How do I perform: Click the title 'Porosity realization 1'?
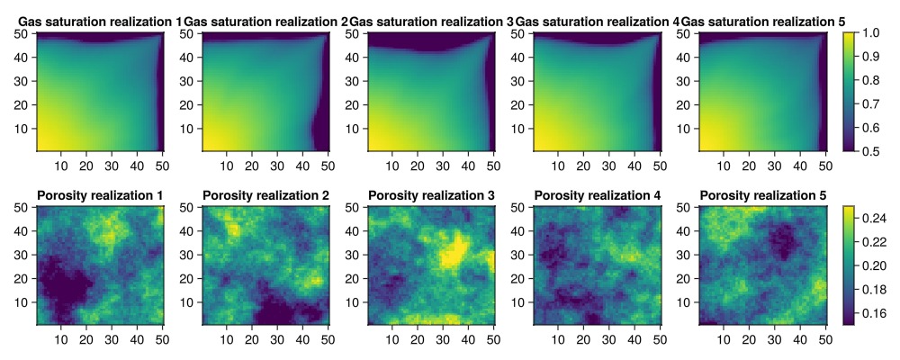(100, 195)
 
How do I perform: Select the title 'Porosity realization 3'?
(431, 195)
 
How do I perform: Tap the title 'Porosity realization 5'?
(762, 195)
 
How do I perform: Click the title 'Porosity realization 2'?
(265, 195)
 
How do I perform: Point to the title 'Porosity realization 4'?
(597, 195)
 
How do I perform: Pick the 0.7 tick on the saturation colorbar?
(870, 103)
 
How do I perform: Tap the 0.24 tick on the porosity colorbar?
(874, 217)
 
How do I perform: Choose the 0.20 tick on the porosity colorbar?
(874, 265)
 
